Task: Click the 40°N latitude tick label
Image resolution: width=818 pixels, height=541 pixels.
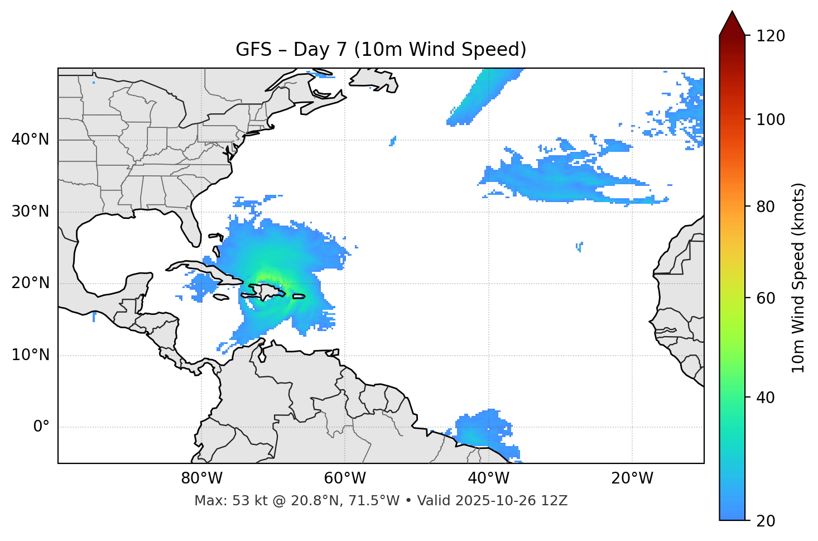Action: (x=30, y=140)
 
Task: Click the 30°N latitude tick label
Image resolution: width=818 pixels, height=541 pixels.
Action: (x=30, y=212)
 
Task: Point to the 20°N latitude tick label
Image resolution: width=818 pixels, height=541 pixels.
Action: (x=30, y=283)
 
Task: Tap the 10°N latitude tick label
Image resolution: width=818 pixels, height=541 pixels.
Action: (x=30, y=355)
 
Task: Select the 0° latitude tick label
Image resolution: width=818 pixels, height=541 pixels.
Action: (x=41, y=427)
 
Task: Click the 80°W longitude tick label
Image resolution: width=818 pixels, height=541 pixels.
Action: (x=201, y=478)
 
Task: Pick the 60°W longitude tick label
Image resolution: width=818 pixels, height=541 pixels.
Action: (x=345, y=478)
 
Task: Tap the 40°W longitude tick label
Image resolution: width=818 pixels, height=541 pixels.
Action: (x=488, y=478)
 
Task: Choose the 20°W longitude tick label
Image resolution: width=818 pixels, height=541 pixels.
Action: (x=632, y=478)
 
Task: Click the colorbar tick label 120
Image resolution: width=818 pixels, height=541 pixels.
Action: (x=771, y=36)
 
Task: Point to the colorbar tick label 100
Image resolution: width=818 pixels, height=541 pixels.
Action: (x=771, y=119)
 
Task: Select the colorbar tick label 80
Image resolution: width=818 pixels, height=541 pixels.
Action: (x=766, y=207)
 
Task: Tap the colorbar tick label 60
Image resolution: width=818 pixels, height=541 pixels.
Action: (x=766, y=298)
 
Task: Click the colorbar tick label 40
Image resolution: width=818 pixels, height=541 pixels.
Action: (x=766, y=398)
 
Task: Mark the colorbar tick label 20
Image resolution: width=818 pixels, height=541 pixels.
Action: (x=766, y=521)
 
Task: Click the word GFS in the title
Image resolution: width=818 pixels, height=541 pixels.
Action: (x=253, y=50)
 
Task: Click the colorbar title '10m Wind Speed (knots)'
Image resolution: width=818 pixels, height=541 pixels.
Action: (x=798, y=277)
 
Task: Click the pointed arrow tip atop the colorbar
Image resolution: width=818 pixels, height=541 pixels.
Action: (x=732, y=13)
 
